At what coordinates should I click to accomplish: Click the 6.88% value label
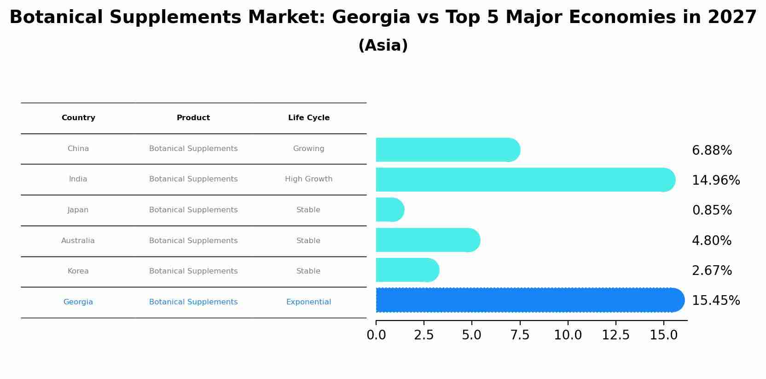(712, 151)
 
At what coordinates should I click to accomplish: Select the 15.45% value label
(716, 301)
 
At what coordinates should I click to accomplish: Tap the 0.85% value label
(712, 210)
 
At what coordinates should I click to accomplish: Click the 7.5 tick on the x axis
(520, 335)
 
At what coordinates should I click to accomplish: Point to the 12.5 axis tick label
(615, 335)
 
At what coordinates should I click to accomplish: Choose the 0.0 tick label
(376, 335)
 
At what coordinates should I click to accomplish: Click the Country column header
(78, 118)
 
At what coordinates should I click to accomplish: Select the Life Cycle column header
(308, 118)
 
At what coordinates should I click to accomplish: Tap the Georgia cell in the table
(78, 302)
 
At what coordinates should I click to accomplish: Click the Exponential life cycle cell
(308, 302)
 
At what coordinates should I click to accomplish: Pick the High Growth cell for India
(308, 179)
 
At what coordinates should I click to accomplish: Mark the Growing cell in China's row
(308, 149)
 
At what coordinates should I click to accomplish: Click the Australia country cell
(78, 241)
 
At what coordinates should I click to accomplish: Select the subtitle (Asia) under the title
(383, 46)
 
